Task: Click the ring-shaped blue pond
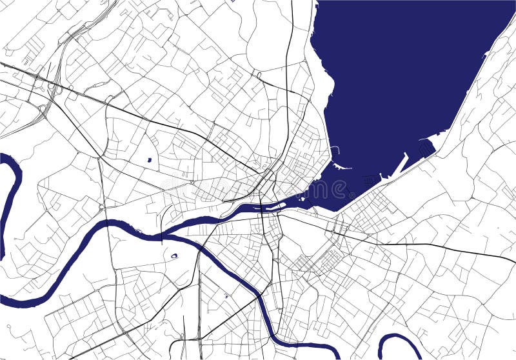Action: click(174, 256)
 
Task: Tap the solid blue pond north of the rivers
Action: click(149, 159)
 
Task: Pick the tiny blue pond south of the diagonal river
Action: click(226, 295)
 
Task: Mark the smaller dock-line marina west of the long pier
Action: click(372, 180)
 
